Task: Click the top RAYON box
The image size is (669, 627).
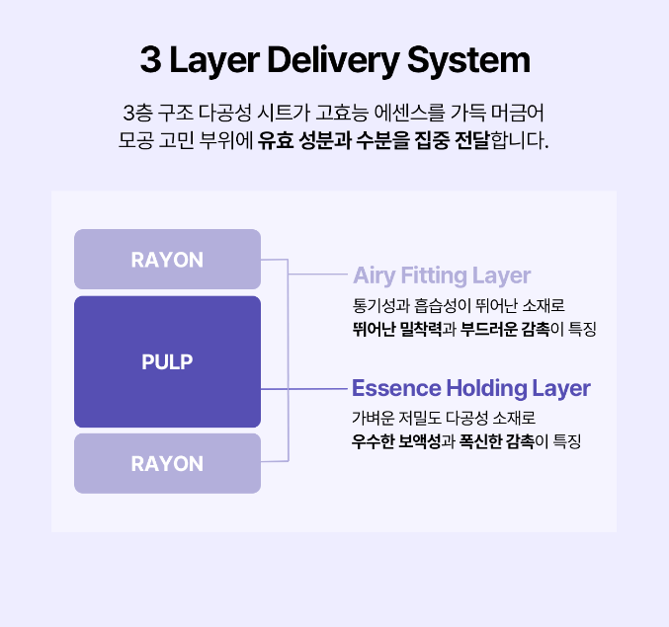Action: [x=167, y=260]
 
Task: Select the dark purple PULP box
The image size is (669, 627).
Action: [x=167, y=361]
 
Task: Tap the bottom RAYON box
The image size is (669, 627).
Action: [x=167, y=463]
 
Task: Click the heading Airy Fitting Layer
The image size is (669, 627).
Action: [x=442, y=274]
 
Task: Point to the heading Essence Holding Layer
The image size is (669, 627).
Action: [x=471, y=387]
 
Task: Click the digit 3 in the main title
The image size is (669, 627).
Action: [x=150, y=61]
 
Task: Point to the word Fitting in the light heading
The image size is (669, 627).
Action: [x=436, y=274]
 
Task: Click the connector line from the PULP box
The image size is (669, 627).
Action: [x=306, y=389]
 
